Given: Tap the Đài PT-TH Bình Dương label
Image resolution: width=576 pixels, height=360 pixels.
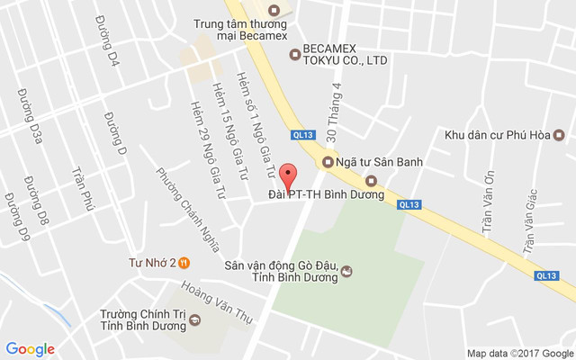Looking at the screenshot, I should [x=327, y=194].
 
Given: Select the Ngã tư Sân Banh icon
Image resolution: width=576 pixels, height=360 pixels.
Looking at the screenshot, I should [x=328, y=162].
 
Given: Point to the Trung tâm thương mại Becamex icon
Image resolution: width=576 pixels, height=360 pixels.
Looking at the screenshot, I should [x=275, y=10].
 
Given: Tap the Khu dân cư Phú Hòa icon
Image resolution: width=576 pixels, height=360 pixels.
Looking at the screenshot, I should [x=558, y=136].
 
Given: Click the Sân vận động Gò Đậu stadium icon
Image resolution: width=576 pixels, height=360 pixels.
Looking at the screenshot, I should [x=347, y=270].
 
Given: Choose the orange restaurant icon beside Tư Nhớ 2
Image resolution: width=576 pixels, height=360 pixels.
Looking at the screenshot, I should [x=184, y=263].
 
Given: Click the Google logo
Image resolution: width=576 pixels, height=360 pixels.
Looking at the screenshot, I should [x=31, y=348].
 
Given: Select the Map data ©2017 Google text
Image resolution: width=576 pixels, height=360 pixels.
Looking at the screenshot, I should [x=519, y=352].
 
